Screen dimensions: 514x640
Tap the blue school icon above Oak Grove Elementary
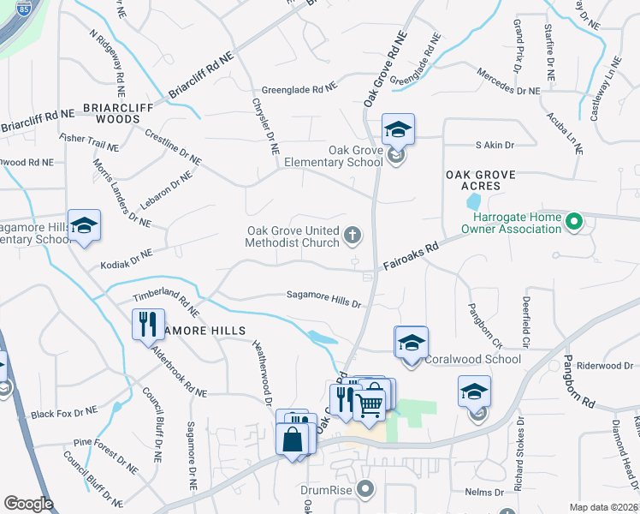pyautogui.click(x=398, y=130)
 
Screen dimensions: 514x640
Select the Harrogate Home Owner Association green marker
pyautogui.click(x=574, y=224)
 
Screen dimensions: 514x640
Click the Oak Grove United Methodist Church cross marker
pyautogui.click(x=352, y=235)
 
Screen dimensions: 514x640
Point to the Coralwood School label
pyautogui.click(x=472, y=359)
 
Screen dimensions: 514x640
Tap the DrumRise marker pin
pyautogui.click(x=366, y=490)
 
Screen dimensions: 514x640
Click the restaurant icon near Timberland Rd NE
pyautogui.click(x=146, y=324)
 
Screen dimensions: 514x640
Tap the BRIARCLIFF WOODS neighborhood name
pyautogui.click(x=122, y=114)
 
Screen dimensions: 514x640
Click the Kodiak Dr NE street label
pyautogui.click(x=126, y=260)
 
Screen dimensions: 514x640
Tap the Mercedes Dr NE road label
pyautogui.click(x=508, y=81)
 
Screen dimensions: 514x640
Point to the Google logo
pyautogui.click(x=28, y=504)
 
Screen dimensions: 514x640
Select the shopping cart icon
pyautogui.click(x=370, y=400)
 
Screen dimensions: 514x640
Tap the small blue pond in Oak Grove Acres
pyautogui.click(x=473, y=203)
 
